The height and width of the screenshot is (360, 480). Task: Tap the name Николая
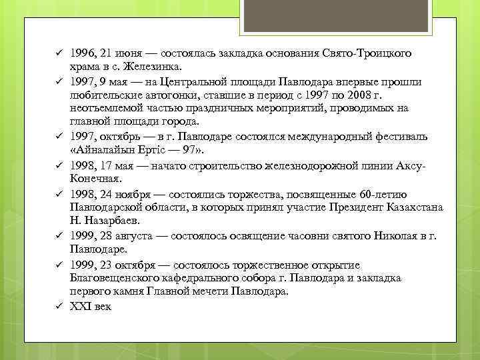(x=403, y=235)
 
